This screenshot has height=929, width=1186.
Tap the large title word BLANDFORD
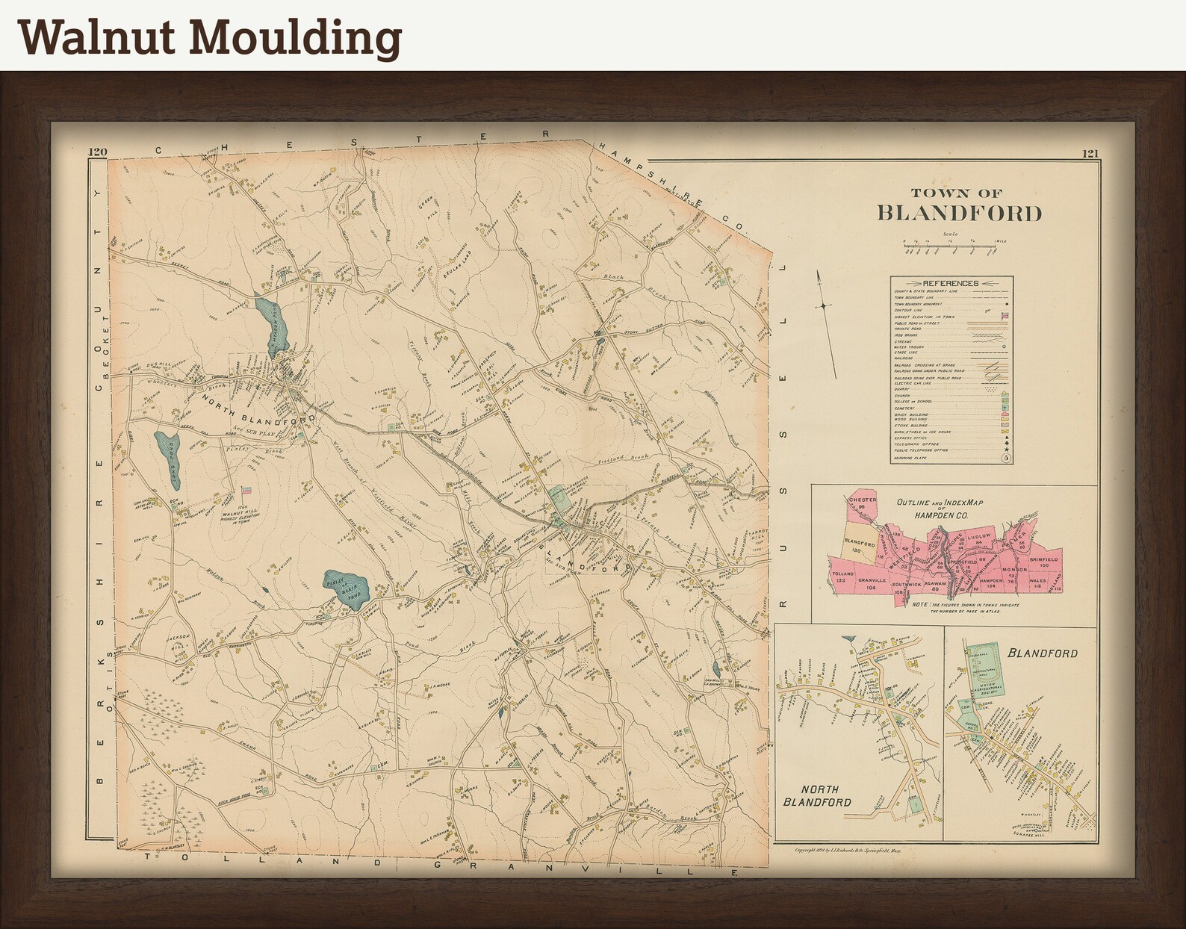[958, 213]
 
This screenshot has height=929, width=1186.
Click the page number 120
[97, 153]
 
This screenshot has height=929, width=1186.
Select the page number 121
[1090, 155]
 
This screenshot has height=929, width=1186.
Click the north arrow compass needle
[825, 306]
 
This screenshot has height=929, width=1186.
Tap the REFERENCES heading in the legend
[950, 283]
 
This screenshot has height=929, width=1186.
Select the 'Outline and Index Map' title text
[940, 507]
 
